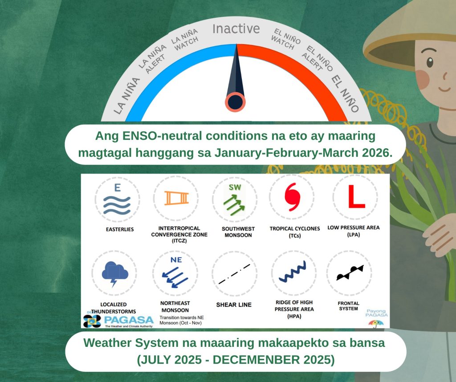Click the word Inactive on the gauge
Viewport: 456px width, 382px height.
(236, 29)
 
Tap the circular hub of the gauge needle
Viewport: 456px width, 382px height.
(235, 102)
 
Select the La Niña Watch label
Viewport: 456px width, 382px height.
(185, 40)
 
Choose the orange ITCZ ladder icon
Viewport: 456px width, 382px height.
(176, 198)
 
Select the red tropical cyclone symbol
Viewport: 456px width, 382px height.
(292, 197)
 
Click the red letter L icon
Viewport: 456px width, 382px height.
(357, 197)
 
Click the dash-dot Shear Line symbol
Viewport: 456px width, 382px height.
(234, 274)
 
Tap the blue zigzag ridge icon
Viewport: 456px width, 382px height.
(292, 272)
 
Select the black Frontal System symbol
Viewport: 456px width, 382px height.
(350, 272)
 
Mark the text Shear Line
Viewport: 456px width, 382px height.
(234, 305)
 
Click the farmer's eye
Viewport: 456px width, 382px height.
(430, 62)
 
